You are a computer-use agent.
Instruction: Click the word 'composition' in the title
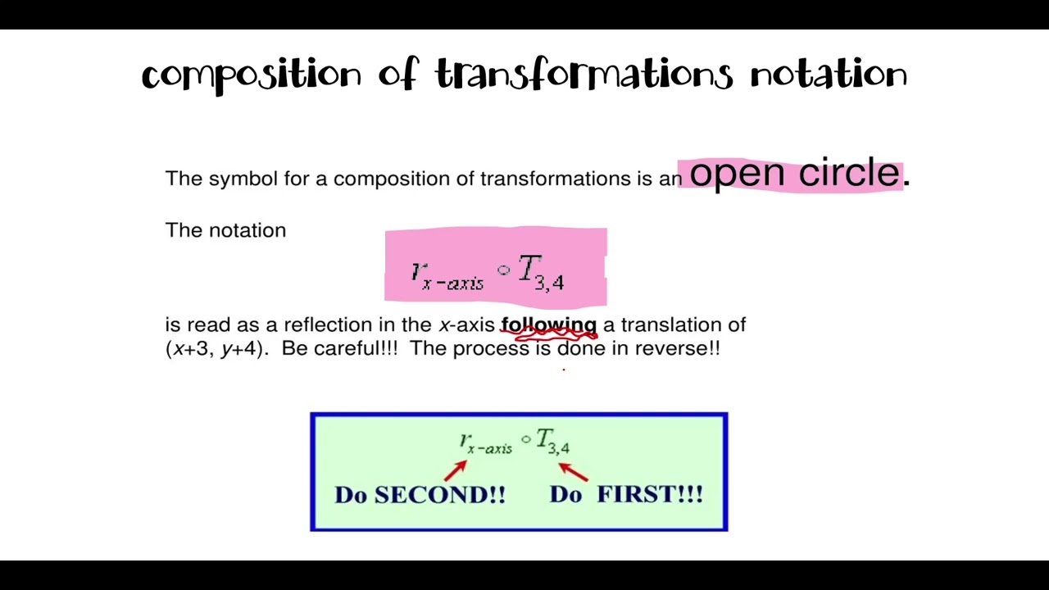[x=251, y=75]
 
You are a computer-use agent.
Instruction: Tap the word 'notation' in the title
[x=829, y=75]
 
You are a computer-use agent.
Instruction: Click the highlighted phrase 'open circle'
[x=794, y=174]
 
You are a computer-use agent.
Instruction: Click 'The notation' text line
[x=225, y=230]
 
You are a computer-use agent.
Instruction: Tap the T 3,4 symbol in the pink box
[x=541, y=272]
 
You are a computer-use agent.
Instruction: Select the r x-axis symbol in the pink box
[x=447, y=276]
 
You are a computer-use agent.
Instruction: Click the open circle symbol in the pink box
[x=503, y=269]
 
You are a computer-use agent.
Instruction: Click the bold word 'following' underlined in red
[x=548, y=325]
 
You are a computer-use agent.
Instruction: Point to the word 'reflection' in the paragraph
[x=328, y=325]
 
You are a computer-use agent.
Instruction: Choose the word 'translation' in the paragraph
[x=672, y=325]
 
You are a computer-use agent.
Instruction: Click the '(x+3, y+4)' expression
[x=216, y=348]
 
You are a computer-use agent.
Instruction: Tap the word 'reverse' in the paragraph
[x=673, y=348]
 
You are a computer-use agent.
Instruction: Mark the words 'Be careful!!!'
[x=339, y=348]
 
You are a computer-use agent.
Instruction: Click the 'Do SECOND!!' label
[x=420, y=495]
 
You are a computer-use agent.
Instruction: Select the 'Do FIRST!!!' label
[x=626, y=494]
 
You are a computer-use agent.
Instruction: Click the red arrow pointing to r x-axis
[x=456, y=470]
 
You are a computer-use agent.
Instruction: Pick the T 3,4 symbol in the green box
[x=552, y=442]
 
